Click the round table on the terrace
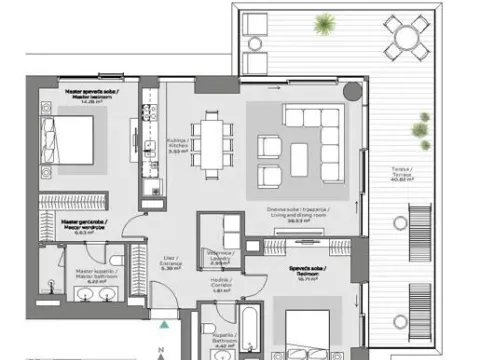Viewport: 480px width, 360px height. (x=406, y=39)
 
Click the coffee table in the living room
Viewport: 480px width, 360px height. (x=300, y=155)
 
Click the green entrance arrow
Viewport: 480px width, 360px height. (x=164, y=323)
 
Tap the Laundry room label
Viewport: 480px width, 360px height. (x=218, y=256)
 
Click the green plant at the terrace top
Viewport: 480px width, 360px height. (x=323, y=22)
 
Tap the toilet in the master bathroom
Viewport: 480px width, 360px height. (x=48, y=289)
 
